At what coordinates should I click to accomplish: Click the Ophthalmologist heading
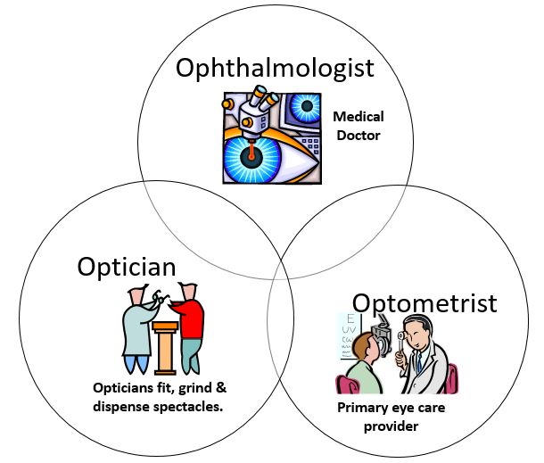tap(273, 68)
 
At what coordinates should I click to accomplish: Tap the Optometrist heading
tap(424, 303)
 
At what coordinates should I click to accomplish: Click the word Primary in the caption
tap(362, 408)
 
